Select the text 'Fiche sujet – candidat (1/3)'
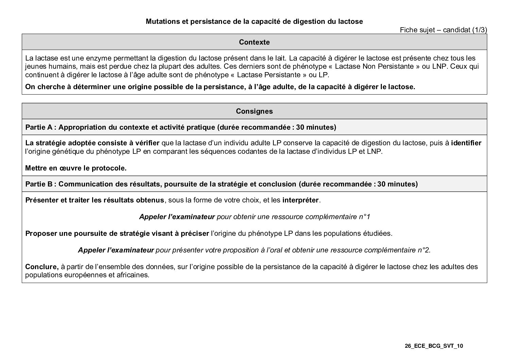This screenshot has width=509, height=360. tap(443, 30)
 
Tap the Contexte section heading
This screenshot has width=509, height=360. tap(254, 42)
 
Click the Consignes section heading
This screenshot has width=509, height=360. tap(254, 111)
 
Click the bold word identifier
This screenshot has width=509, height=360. tap(466, 143)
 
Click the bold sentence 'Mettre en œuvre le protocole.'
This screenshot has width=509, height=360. tap(76, 168)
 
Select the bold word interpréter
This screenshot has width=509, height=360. tap(301, 200)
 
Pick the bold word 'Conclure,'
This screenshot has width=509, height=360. tap(42, 267)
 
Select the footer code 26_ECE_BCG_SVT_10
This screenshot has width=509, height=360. tap(434, 346)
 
